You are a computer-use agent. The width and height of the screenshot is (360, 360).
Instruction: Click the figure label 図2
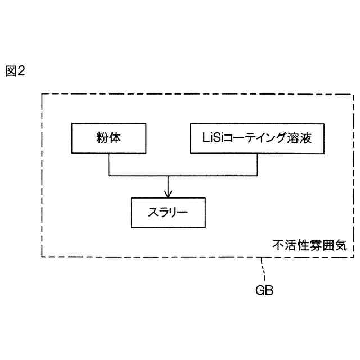(x=16, y=72)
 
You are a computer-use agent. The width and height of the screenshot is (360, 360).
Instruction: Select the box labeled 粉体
(x=109, y=138)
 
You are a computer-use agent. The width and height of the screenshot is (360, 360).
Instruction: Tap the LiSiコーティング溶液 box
(x=256, y=138)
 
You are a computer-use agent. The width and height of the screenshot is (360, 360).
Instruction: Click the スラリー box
(x=167, y=212)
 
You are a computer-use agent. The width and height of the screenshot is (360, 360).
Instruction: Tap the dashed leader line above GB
(x=262, y=271)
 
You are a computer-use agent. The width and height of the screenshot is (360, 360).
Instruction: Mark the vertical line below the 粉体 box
(x=109, y=164)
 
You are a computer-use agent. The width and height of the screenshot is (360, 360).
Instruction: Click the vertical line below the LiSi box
(x=257, y=164)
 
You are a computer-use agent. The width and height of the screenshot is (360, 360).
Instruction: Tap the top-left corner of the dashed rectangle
(x=42, y=93)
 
